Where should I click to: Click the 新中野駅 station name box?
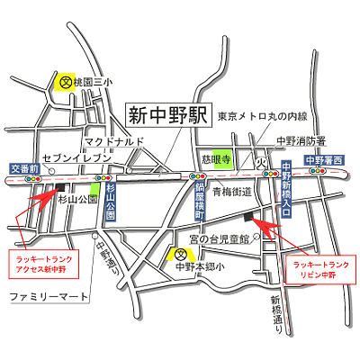(166, 115)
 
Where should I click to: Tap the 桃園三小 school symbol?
(66, 81)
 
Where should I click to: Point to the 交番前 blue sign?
(23, 168)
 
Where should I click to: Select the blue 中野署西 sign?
(323, 161)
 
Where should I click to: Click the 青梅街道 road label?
(232, 191)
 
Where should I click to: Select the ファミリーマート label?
(49, 296)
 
